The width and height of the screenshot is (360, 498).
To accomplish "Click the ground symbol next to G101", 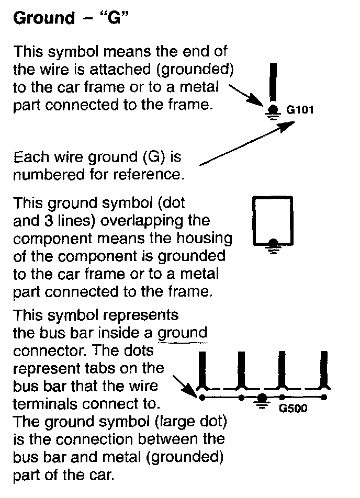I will click(x=273, y=111).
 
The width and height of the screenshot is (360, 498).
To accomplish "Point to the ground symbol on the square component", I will click(x=273, y=244).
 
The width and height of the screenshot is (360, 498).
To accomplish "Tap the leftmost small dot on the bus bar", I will click(x=201, y=398).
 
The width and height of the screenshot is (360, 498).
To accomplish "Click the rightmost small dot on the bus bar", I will click(x=324, y=398).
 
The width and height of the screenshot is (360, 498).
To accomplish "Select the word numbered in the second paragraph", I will click(x=42, y=174).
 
